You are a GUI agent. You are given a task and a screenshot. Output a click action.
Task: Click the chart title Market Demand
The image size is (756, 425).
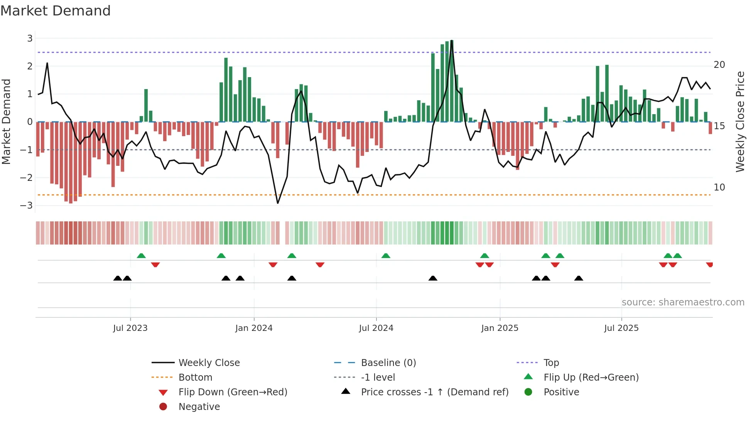click(x=56, y=11)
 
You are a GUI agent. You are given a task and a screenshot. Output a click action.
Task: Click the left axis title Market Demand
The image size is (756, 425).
click(x=6, y=121)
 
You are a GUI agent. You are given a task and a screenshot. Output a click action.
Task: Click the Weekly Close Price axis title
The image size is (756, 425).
click(x=740, y=121)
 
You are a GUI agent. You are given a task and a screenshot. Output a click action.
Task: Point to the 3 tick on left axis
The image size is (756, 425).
click(x=30, y=38)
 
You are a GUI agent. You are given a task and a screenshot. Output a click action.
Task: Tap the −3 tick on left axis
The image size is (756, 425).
click(x=27, y=205)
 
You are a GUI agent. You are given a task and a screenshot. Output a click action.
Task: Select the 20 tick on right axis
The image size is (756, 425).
click(x=719, y=64)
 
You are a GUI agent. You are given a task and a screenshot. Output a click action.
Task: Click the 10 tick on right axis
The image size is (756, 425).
click(x=719, y=187)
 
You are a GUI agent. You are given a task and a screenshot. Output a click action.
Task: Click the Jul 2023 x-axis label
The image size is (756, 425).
click(x=130, y=328)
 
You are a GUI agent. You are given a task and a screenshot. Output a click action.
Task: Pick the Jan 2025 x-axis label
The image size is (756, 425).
click(x=499, y=328)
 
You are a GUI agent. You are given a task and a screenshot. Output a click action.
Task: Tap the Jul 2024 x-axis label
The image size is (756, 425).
click(x=376, y=328)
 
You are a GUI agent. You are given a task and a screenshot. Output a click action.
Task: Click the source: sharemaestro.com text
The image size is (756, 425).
click(x=683, y=302)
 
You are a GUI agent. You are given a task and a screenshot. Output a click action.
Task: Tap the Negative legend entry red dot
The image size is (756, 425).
click(x=163, y=406)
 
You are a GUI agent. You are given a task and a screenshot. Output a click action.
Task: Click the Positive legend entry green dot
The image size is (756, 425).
click(x=528, y=392)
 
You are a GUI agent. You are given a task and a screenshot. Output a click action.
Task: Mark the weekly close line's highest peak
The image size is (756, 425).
click(x=452, y=40)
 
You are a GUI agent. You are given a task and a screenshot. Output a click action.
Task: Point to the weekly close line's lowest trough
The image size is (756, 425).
click(x=278, y=203)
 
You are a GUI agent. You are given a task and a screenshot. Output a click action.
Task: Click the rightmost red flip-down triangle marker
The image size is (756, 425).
click(x=709, y=265)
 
